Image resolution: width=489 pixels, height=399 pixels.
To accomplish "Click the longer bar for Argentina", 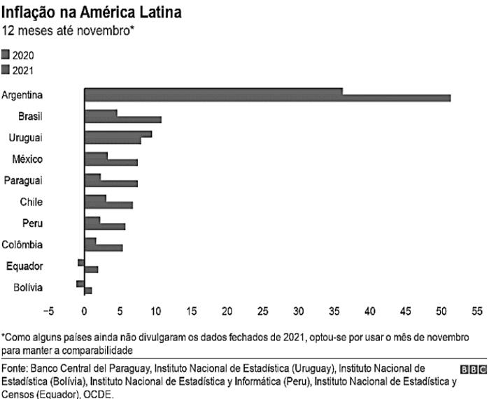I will [267, 98].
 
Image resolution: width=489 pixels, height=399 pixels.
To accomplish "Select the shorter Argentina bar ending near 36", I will [213, 91].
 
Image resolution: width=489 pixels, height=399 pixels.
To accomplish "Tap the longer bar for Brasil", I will [123, 119].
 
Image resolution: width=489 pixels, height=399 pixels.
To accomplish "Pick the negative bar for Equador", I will [81, 262].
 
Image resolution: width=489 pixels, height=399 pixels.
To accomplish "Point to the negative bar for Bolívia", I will [80, 283].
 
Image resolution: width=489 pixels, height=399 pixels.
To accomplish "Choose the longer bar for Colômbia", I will [104, 247].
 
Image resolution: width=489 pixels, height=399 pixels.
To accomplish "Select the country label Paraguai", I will [24, 180].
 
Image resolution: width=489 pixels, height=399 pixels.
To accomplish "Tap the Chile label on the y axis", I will [31, 202].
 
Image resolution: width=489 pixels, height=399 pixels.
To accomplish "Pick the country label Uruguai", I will [25, 137].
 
